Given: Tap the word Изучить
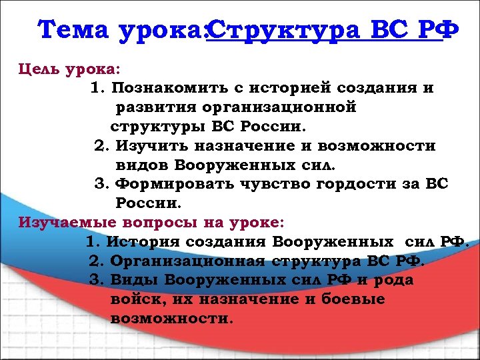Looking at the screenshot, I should tap(151, 145).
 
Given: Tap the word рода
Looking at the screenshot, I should tap(394, 279).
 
